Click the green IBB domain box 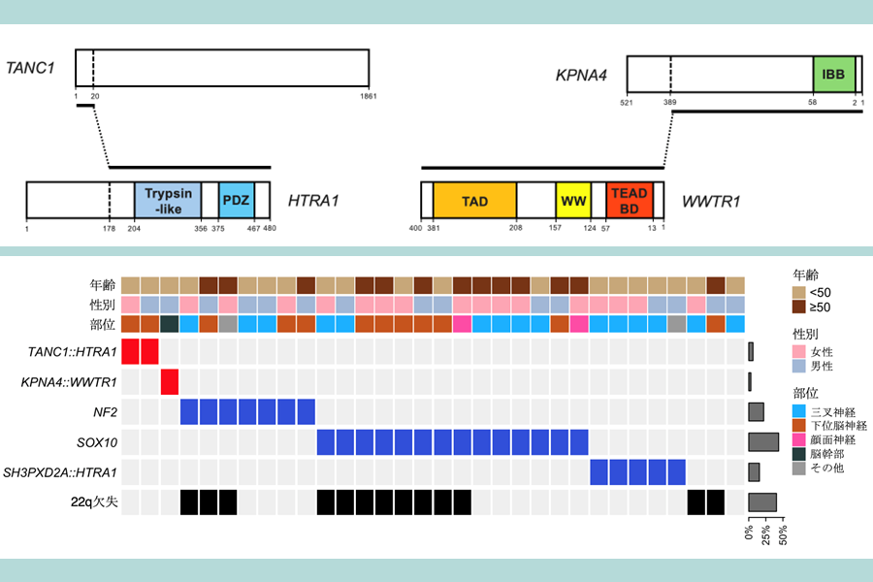pyautogui.click(x=834, y=74)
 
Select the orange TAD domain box pyautogui.click(x=475, y=201)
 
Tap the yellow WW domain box pyautogui.click(x=573, y=201)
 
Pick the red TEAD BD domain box pyautogui.click(x=630, y=201)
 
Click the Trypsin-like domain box pyautogui.click(x=168, y=201)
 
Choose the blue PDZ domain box pyautogui.click(x=236, y=201)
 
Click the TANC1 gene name pyautogui.click(x=30, y=68)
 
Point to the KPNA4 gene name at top pyautogui.click(x=581, y=76)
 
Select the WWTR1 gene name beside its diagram pyautogui.click(x=711, y=201)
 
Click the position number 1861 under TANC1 pyautogui.click(x=368, y=96)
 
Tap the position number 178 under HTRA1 pyautogui.click(x=109, y=228)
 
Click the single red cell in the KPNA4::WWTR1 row pyautogui.click(x=170, y=382)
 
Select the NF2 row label pyautogui.click(x=105, y=412)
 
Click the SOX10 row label pyautogui.click(x=97, y=442)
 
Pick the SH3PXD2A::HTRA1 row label pyautogui.click(x=60, y=472)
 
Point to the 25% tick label pyautogui.click(x=766, y=535)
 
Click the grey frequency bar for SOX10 pyautogui.click(x=763, y=442)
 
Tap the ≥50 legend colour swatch pyautogui.click(x=799, y=307)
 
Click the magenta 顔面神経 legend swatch pyautogui.click(x=799, y=440)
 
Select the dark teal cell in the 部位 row pyautogui.click(x=170, y=324)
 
